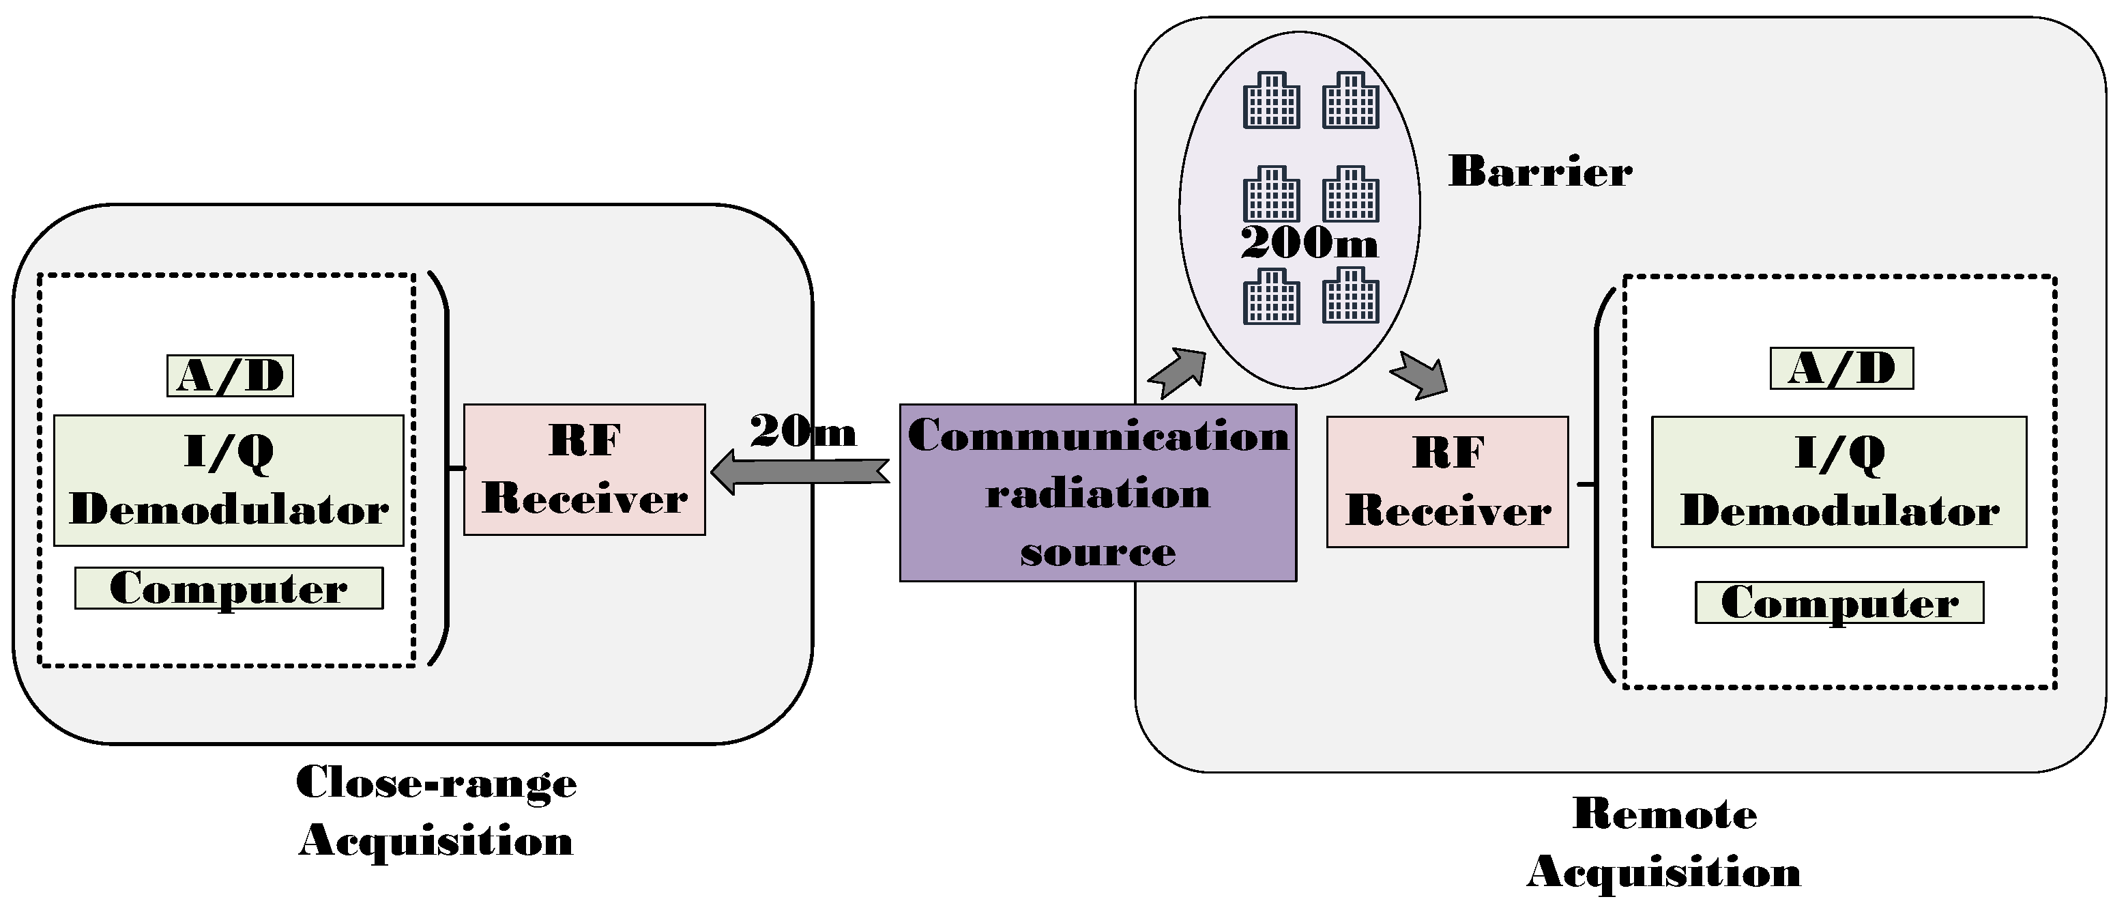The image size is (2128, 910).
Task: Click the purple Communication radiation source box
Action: coord(1098,493)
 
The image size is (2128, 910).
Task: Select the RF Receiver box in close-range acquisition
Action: coord(585,470)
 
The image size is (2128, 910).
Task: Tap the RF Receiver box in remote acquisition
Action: coord(1447,482)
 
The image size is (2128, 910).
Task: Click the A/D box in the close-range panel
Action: coord(231,376)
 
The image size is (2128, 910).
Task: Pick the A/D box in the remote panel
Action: coord(1842,369)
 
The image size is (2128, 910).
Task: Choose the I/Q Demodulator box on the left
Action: coord(229,480)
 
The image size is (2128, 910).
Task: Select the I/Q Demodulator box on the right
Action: coord(1839,482)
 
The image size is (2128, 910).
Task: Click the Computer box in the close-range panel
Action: coord(229,588)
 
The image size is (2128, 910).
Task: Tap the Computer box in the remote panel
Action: coord(1839,603)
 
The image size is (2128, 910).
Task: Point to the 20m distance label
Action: coord(803,431)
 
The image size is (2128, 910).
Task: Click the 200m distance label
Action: coord(1309,243)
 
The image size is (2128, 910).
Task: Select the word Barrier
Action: coord(1541,172)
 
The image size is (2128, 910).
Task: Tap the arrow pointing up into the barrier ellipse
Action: coord(1177,373)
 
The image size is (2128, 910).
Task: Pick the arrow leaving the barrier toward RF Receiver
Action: coord(1420,376)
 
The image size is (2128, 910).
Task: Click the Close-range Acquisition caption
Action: coord(436,811)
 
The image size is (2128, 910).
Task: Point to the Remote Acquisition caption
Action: coord(1665,842)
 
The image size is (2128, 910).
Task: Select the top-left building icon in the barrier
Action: coord(1271,100)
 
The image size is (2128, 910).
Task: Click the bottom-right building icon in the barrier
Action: coord(1351,295)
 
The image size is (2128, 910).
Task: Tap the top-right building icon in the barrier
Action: coord(1351,100)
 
